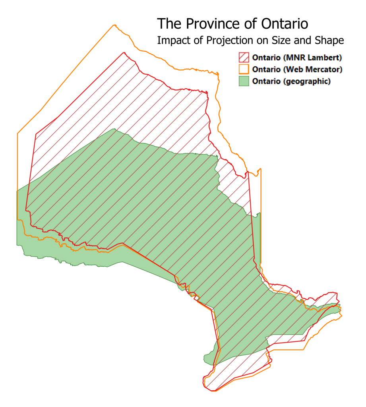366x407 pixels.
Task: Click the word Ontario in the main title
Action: coord(284,23)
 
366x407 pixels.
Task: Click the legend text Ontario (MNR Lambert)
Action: coord(297,57)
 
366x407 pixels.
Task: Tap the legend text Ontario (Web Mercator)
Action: coord(297,69)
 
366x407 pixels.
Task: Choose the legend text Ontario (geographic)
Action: coord(292,81)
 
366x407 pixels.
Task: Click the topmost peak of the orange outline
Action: coord(115,25)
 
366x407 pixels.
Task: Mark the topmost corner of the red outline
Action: coord(124,52)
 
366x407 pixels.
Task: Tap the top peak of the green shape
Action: coord(114,129)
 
